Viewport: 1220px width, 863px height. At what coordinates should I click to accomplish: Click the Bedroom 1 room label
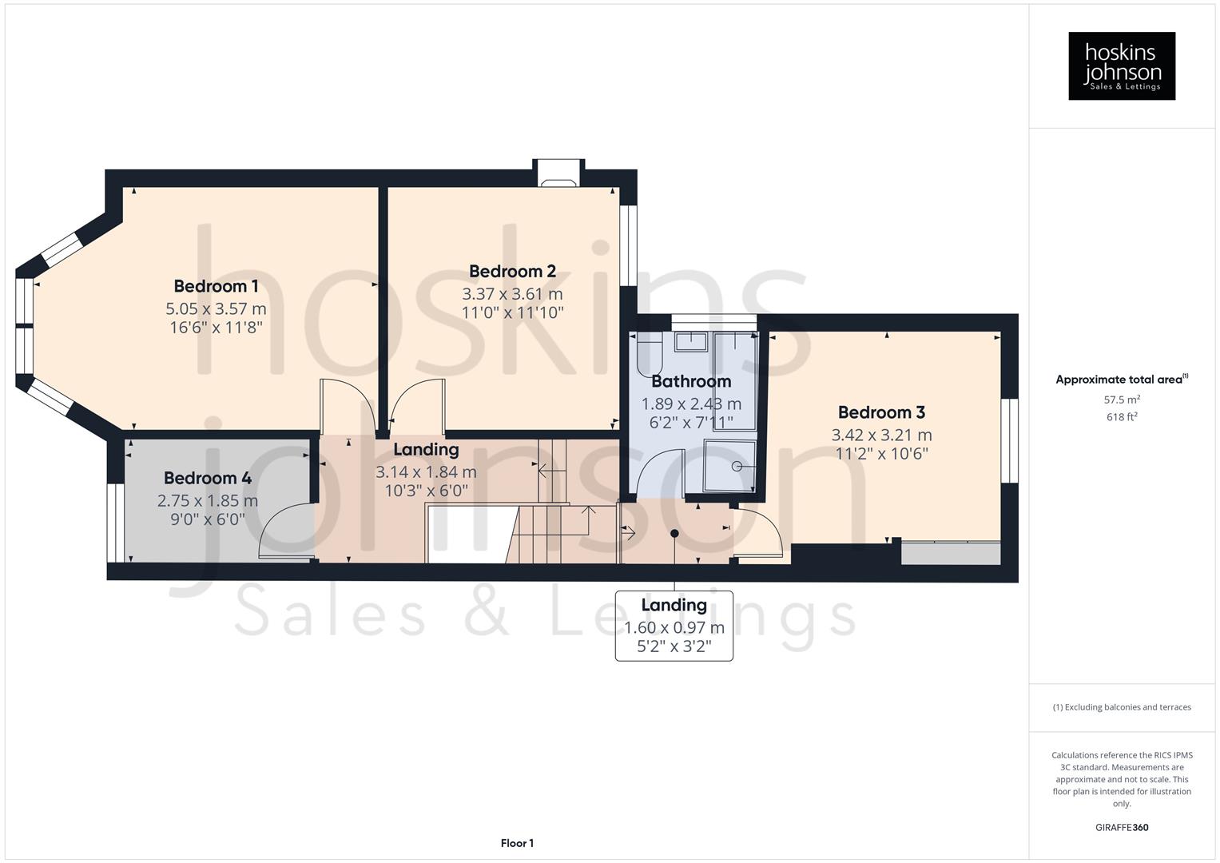(x=216, y=286)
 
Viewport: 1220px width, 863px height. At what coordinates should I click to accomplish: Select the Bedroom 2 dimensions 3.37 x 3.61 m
(x=512, y=294)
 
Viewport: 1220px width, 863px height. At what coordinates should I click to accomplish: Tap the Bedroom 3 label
(x=881, y=412)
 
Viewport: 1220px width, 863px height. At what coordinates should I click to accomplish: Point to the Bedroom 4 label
(x=208, y=478)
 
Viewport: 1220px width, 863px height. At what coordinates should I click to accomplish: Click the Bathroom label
(x=691, y=381)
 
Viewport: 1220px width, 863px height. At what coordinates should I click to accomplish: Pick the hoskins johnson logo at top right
(x=1122, y=66)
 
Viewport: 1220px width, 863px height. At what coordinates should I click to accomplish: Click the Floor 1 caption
(x=517, y=843)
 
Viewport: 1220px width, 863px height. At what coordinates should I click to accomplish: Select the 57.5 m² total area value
(x=1122, y=399)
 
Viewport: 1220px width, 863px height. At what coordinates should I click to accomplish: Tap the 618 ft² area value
(x=1122, y=417)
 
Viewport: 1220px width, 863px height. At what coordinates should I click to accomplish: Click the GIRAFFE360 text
(x=1122, y=827)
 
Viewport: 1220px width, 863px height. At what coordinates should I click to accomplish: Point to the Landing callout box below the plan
(x=674, y=626)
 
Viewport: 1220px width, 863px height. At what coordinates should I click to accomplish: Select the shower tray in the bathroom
(x=729, y=466)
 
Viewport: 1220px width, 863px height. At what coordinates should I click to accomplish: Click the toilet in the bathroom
(x=649, y=354)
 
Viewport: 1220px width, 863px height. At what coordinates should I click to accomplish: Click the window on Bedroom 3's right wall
(x=1010, y=441)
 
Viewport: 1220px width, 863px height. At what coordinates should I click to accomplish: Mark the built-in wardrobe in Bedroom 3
(x=950, y=553)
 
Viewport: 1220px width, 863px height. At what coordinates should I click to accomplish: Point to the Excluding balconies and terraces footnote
(x=1122, y=707)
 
